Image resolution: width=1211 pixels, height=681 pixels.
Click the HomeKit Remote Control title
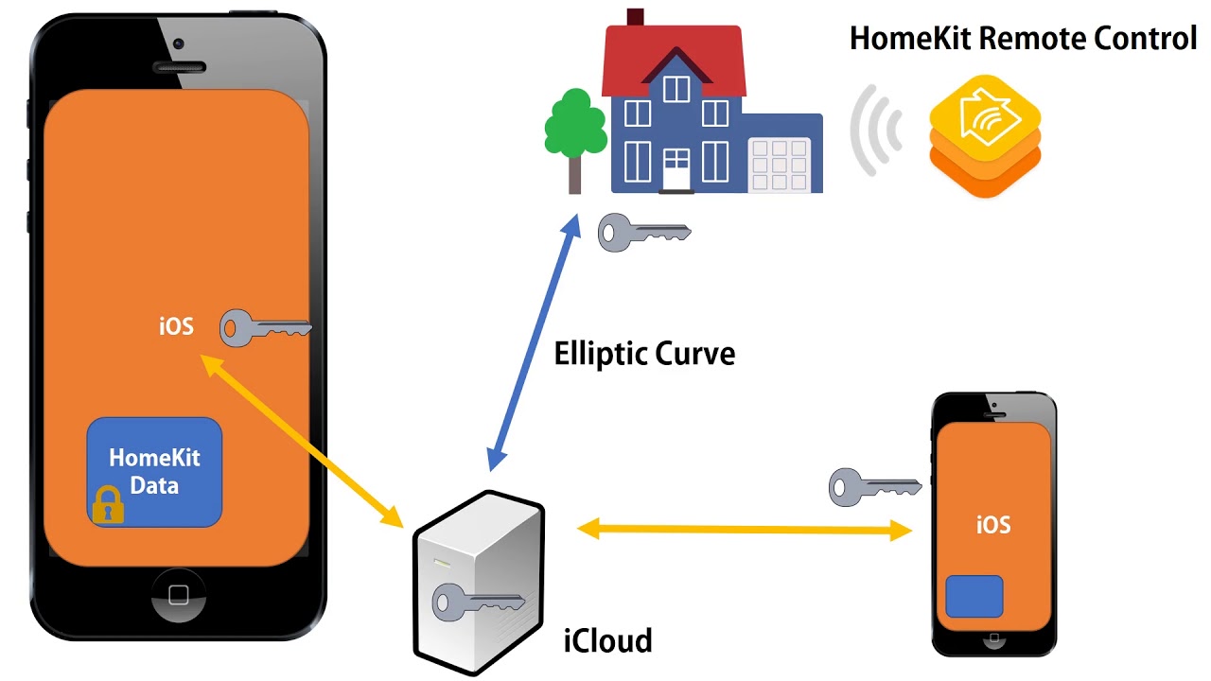click(1023, 39)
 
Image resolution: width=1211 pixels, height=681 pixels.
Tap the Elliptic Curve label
click(644, 355)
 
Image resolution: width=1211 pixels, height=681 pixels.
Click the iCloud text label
click(607, 641)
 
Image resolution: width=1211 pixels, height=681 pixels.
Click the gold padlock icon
click(108, 505)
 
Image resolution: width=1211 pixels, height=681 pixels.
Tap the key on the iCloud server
click(477, 602)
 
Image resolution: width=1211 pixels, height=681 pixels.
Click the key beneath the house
click(643, 232)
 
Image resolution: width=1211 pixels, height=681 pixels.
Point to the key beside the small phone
click(873, 486)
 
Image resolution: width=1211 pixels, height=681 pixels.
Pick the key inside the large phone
click(265, 328)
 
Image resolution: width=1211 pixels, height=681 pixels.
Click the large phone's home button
click(178, 595)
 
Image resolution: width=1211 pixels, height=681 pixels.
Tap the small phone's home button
click(993, 644)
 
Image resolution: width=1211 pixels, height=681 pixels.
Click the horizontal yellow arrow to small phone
click(745, 530)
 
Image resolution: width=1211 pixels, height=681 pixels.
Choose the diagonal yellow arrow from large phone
click(302, 439)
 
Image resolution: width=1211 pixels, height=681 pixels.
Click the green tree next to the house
click(574, 128)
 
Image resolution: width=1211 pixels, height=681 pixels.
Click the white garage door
click(780, 165)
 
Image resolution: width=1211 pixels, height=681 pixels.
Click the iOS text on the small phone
click(993, 524)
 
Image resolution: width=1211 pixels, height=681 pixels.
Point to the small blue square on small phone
click(974, 596)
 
